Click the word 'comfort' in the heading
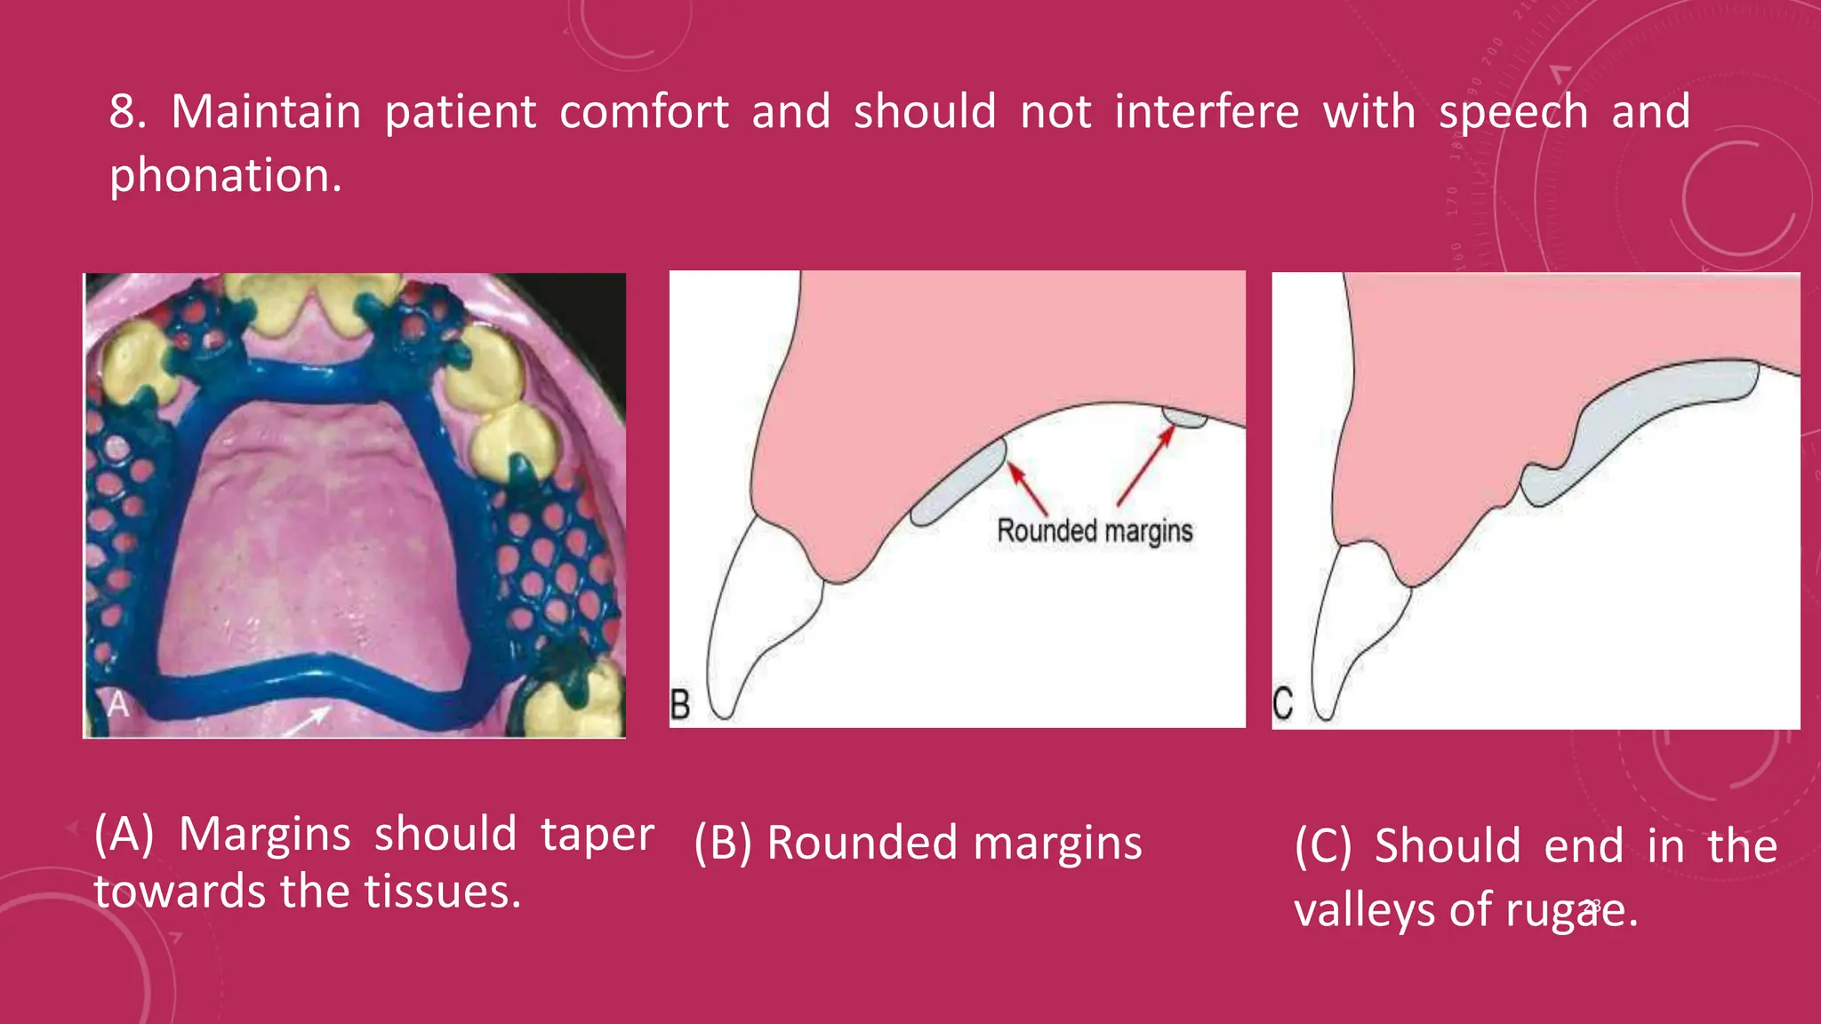pos(644,113)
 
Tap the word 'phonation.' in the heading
pos(225,176)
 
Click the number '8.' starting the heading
pos(128,113)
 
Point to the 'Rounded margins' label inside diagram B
pos(1095,531)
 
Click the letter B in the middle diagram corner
pos(680,705)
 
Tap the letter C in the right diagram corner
pos(1283,703)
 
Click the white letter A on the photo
pos(118,705)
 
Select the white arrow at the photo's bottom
pos(307,720)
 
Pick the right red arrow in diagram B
pos(1145,466)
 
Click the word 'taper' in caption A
pos(597,835)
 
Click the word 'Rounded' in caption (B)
pos(861,843)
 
